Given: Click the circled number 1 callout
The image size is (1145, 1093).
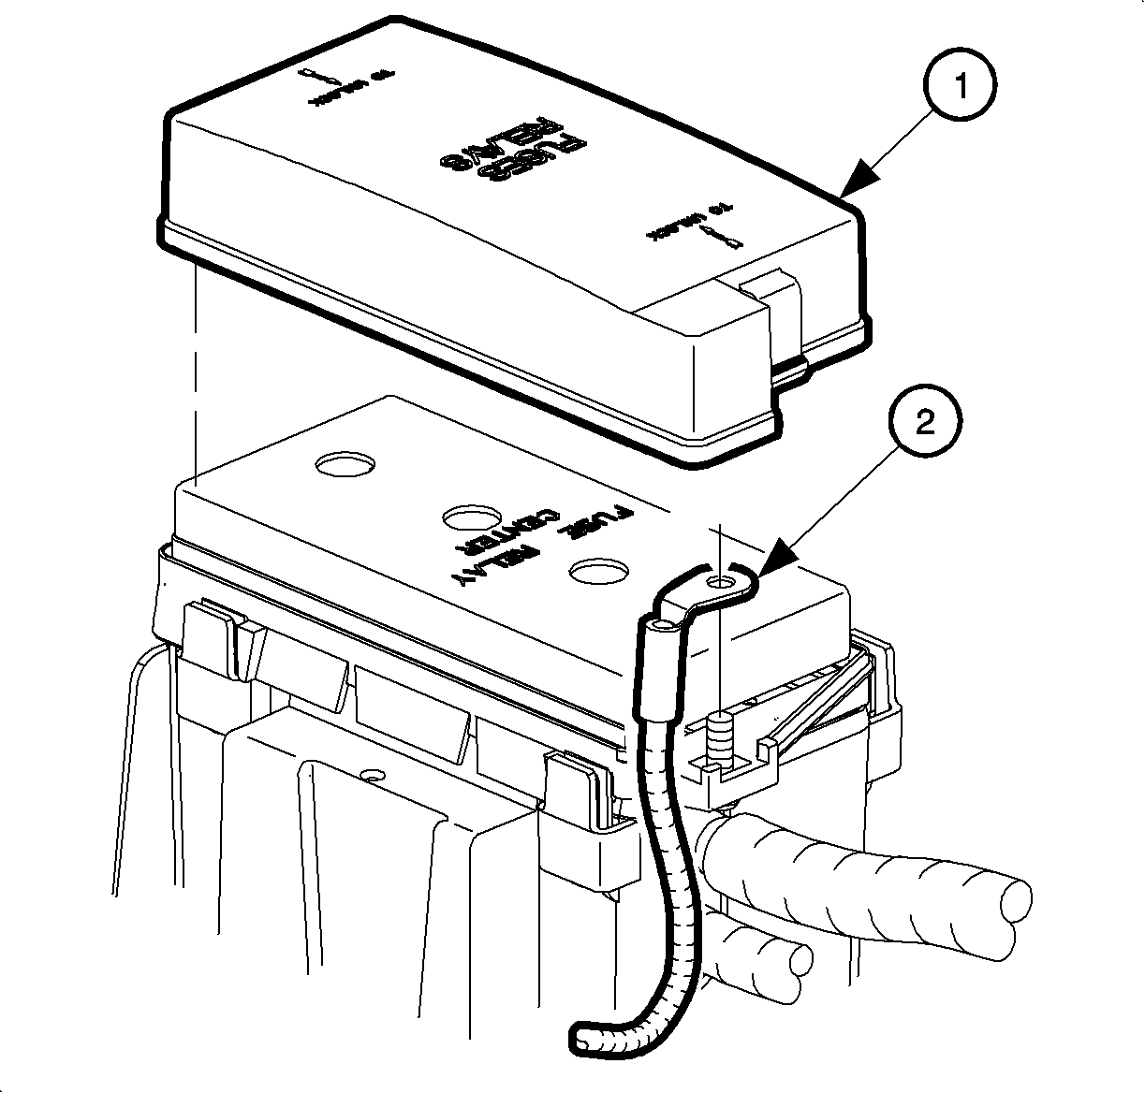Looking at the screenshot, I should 960,87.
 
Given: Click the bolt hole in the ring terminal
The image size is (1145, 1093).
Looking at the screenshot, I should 722,585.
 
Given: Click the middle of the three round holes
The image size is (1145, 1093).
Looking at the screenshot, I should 470,517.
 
